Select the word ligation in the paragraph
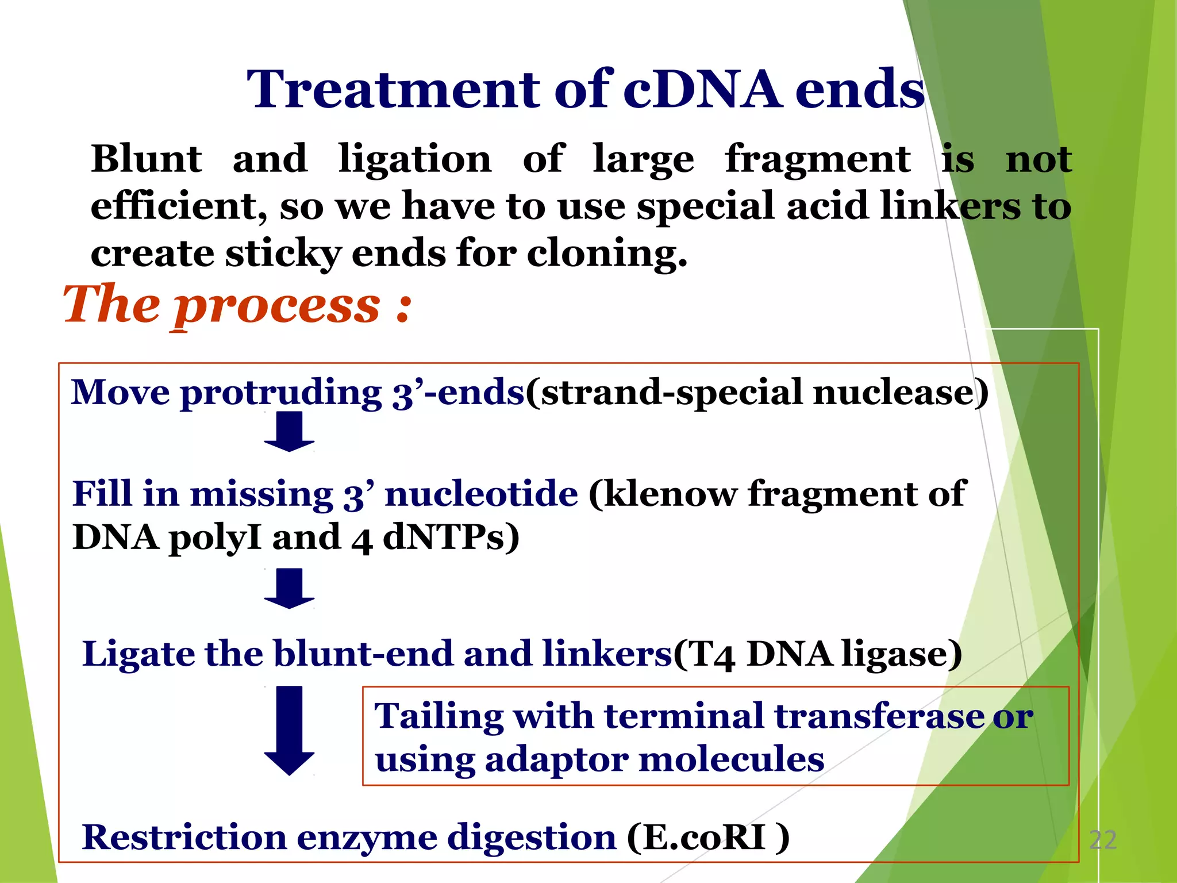(x=415, y=160)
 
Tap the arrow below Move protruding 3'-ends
(x=289, y=432)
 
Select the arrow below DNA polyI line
(x=289, y=588)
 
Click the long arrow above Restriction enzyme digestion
(x=289, y=730)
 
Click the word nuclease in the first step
(x=899, y=393)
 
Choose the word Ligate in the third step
(x=139, y=654)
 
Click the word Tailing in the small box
(x=439, y=716)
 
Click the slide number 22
(x=1102, y=840)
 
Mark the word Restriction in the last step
(x=184, y=837)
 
